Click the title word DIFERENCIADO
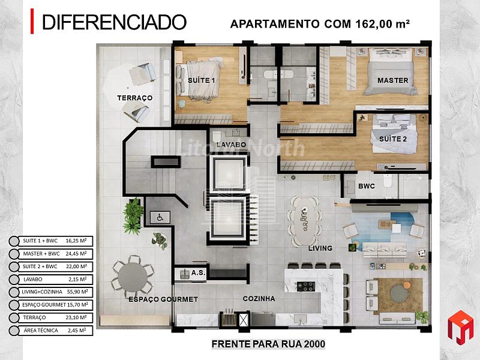[x=114, y=22]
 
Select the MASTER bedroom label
[x=392, y=80]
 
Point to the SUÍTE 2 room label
[x=392, y=139]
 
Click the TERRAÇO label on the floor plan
[x=134, y=98]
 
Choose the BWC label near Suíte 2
[x=366, y=187]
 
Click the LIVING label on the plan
[x=320, y=248]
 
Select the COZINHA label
[x=259, y=298]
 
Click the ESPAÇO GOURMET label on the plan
[x=163, y=299]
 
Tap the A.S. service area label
[x=198, y=274]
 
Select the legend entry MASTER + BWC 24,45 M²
[x=54, y=253]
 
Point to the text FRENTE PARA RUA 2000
[x=268, y=344]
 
